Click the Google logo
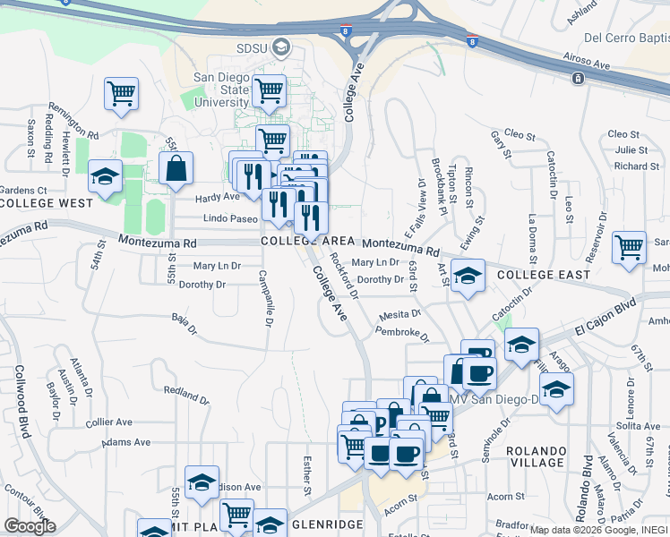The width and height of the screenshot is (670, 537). (x=30, y=526)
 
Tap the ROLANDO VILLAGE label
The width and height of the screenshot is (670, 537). (x=536, y=456)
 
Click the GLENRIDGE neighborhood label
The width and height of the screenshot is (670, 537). (x=327, y=524)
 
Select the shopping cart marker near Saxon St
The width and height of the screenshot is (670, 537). (x=121, y=94)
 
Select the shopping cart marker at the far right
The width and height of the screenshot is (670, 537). (x=629, y=247)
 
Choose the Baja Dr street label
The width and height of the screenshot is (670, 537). (x=185, y=322)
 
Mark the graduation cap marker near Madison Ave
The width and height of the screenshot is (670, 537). (x=202, y=482)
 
